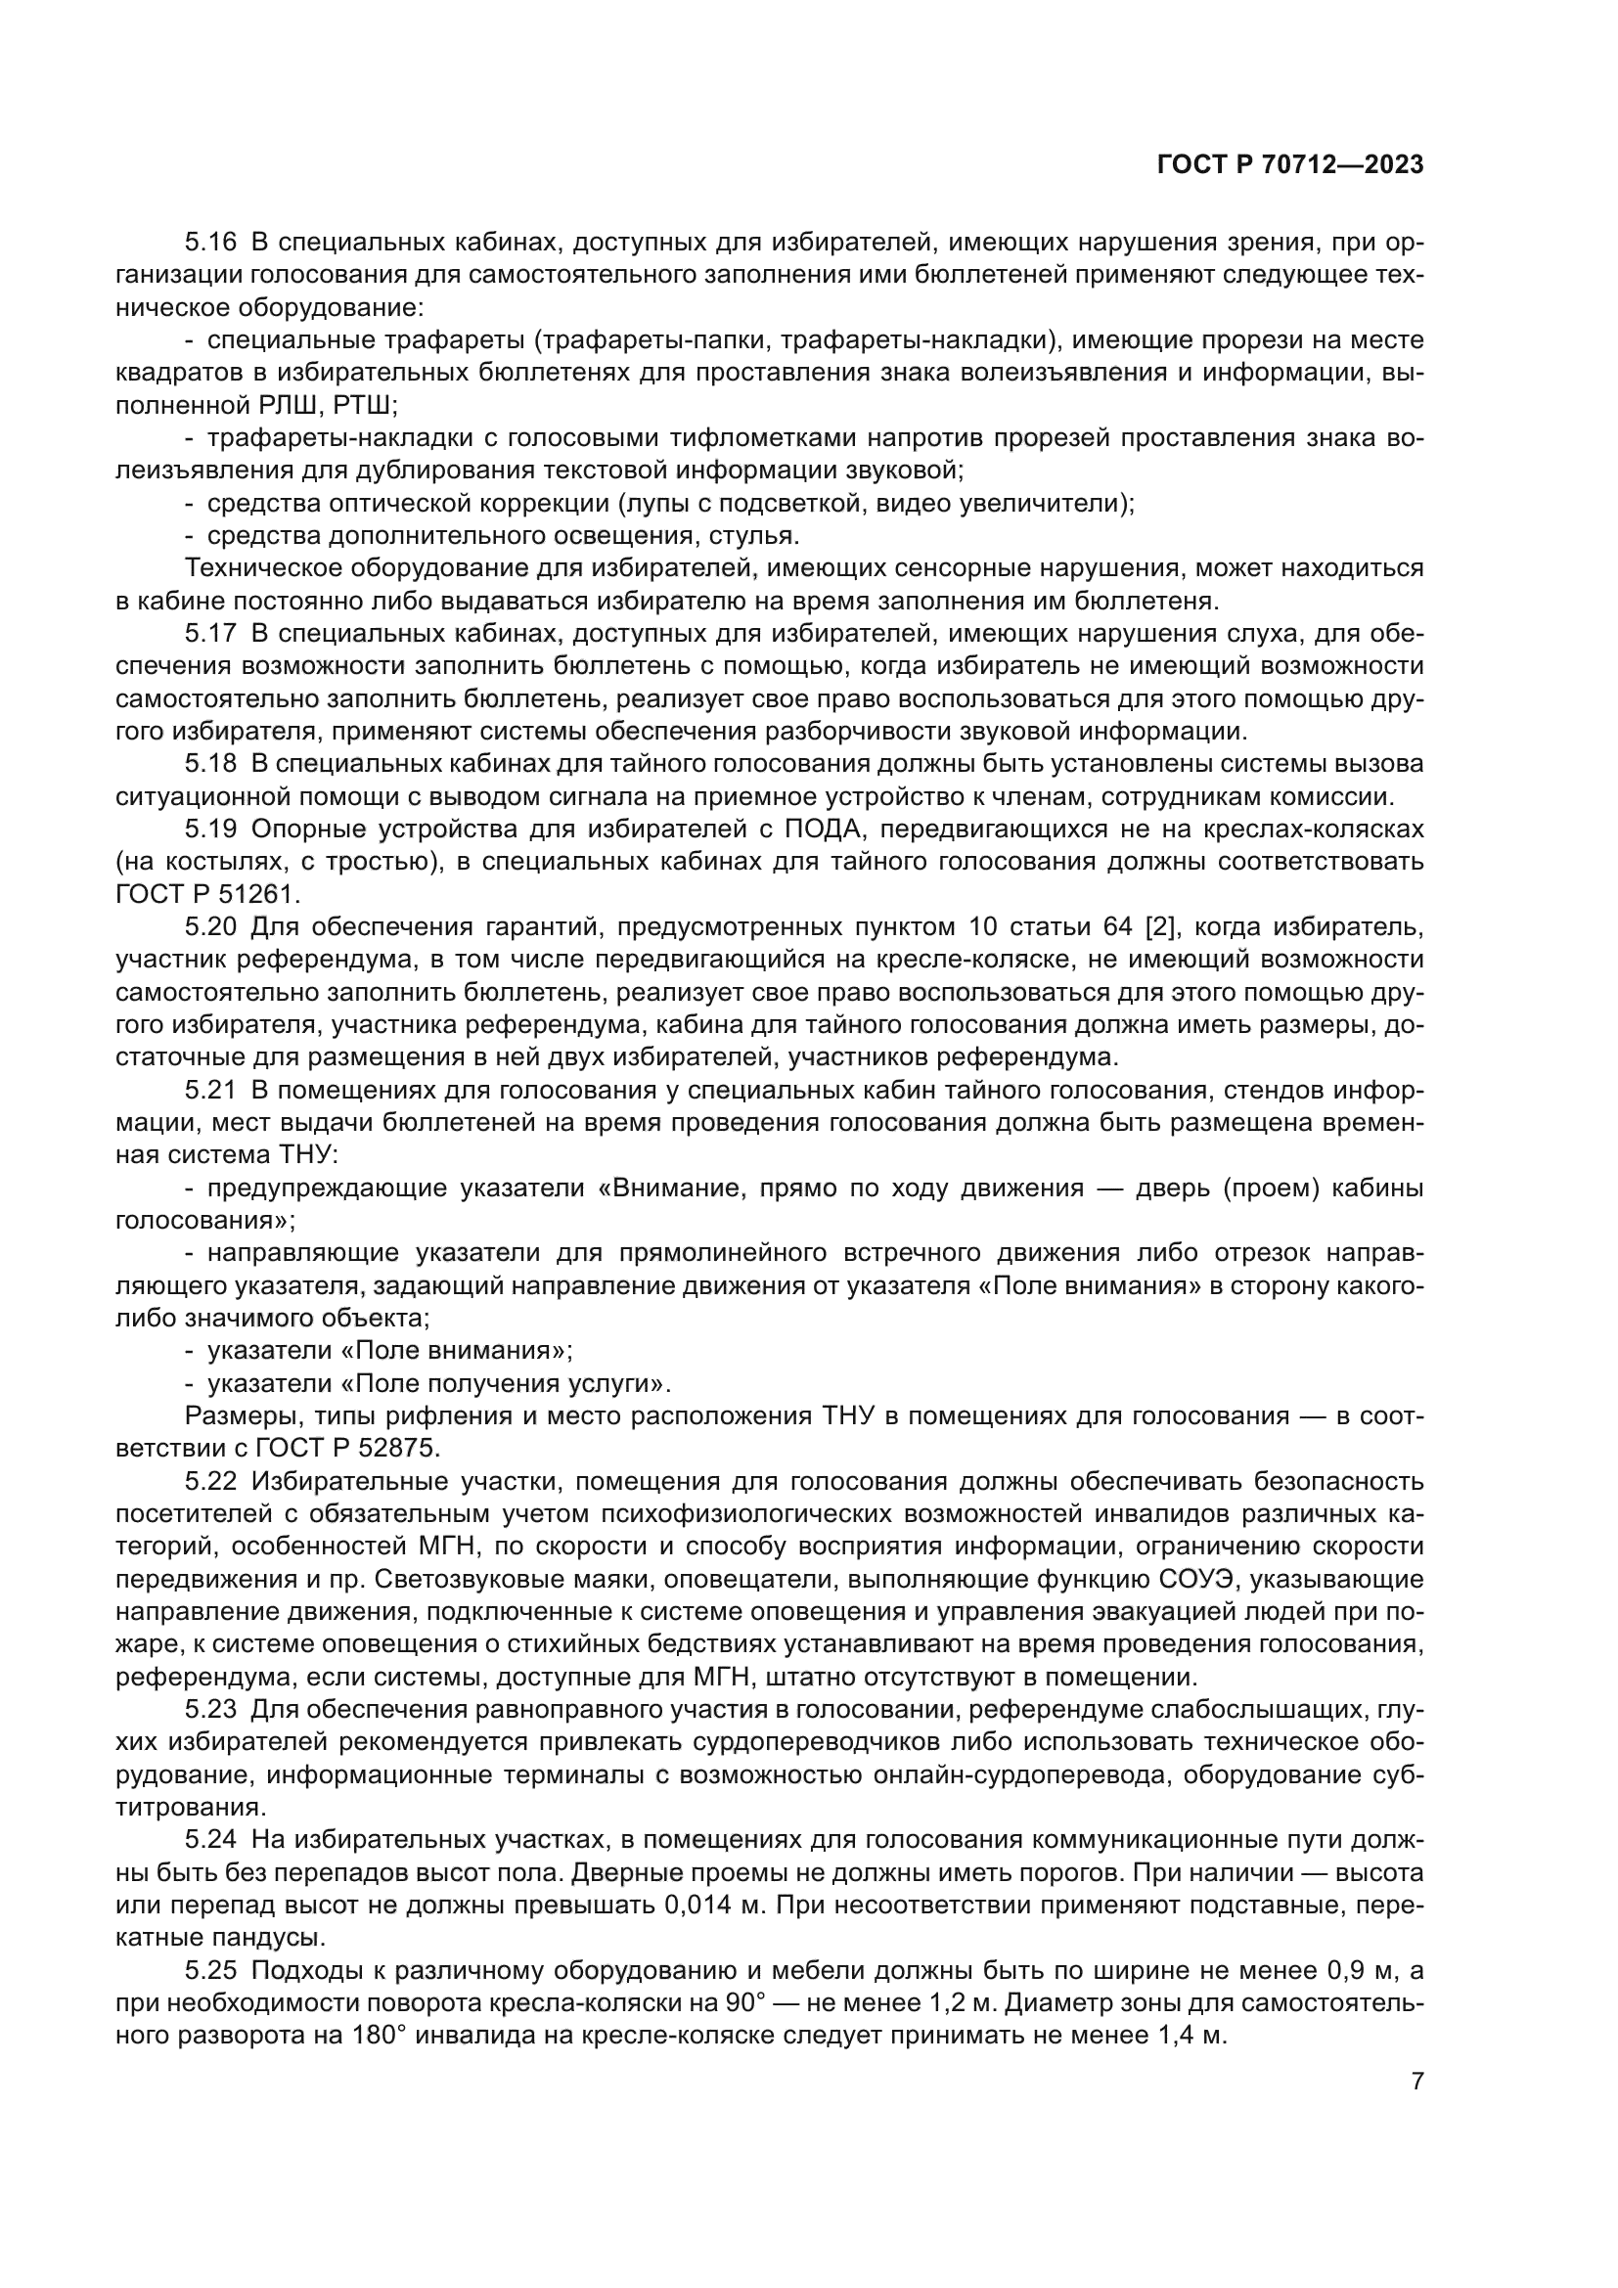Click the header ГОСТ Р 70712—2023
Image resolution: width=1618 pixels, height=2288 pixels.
click(1290, 165)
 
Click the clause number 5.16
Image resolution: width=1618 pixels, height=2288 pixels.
click(210, 243)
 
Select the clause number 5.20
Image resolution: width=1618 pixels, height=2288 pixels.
click(210, 926)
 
